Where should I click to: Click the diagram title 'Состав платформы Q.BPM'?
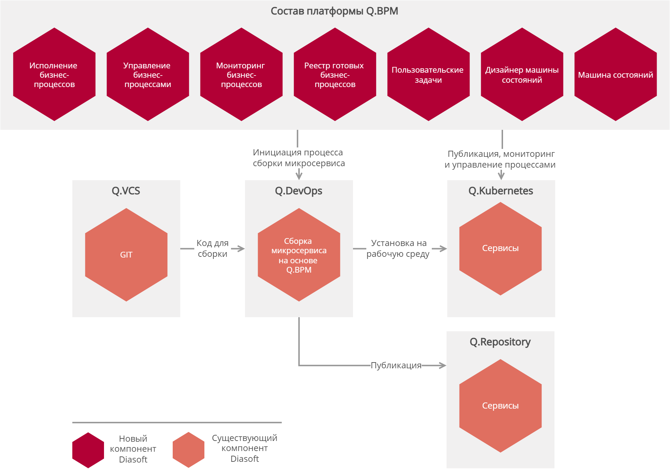tap(334, 11)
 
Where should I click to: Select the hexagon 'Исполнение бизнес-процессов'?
tap(54, 74)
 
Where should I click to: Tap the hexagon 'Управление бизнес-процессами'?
tap(148, 74)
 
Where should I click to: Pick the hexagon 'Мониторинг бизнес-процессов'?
tap(241, 74)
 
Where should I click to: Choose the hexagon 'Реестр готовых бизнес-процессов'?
tap(335, 74)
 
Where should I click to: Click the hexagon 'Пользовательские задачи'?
tap(429, 74)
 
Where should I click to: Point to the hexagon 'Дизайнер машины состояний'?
tap(522, 74)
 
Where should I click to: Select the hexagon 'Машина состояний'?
tap(616, 74)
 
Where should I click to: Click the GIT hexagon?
tap(126, 255)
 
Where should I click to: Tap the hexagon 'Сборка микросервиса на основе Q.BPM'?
tap(299, 255)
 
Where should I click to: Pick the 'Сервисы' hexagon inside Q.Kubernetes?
tap(501, 249)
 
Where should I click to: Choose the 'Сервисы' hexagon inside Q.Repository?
tap(501, 406)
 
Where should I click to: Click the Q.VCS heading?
tap(126, 191)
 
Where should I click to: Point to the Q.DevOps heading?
tap(299, 191)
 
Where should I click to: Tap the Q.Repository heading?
tap(500, 342)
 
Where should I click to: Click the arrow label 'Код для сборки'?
tap(212, 248)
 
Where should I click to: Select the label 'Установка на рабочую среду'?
tap(398, 248)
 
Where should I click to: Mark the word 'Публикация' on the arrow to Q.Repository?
tap(396, 365)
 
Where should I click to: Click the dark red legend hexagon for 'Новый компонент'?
tap(88, 450)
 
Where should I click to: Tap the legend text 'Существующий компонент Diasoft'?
tap(245, 448)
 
